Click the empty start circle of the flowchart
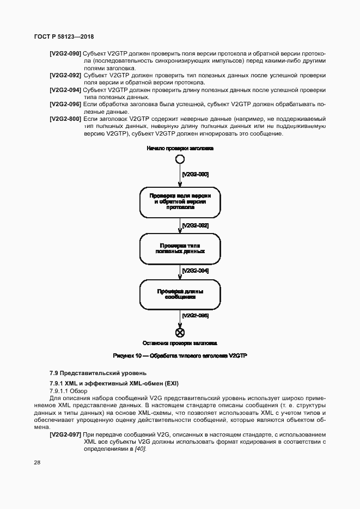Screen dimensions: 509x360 click(180, 160)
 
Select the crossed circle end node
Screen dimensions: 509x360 click(180, 333)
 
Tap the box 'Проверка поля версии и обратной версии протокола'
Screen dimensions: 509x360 click(180, 201)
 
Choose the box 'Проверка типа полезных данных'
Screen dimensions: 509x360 click(180, 248)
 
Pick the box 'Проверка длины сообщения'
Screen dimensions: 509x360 click(180, 295)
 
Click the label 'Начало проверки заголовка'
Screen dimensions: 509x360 click(180, 148)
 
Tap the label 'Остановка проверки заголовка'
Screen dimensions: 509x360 click(180, 344)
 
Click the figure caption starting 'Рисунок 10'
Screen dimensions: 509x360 click(180, 355)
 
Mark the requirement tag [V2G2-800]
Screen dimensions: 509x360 click(65, 118)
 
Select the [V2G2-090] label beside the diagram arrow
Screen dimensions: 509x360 click(195, 174)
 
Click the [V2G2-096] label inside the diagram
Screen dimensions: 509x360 click(195, 315)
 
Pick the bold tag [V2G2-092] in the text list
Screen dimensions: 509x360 click(65, 75)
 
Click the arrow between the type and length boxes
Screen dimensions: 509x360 click(180, 271)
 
